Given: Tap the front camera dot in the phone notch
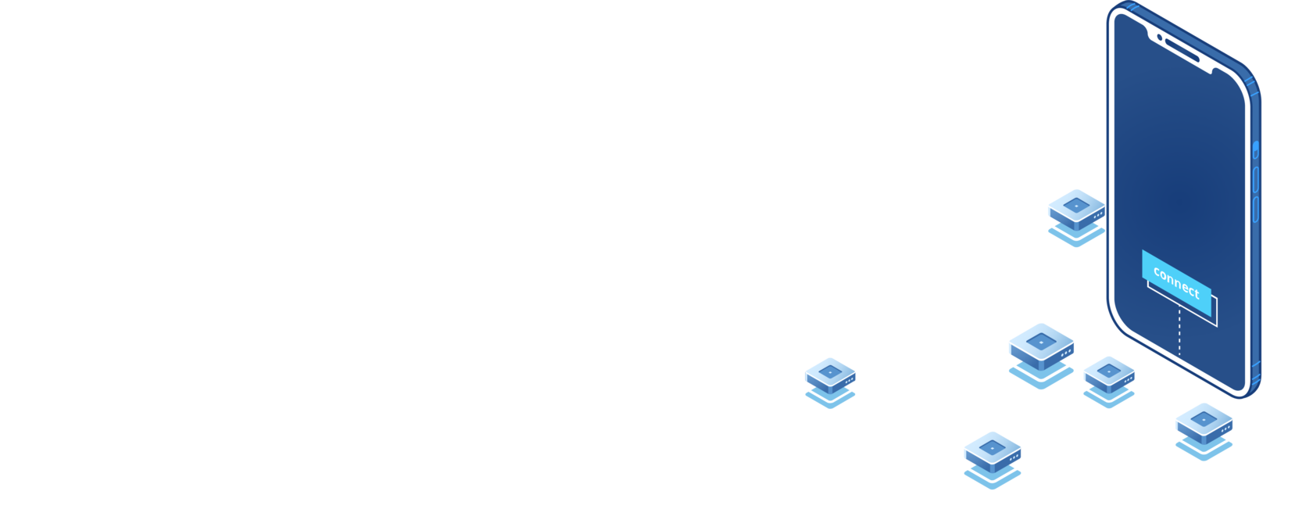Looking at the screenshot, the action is point(1160,36).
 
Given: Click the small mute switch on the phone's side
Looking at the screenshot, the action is point(1256,149).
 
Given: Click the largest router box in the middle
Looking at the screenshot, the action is point(1042,348).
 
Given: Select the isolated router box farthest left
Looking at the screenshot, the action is point(830,378).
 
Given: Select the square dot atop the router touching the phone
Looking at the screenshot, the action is point(1076,205).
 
